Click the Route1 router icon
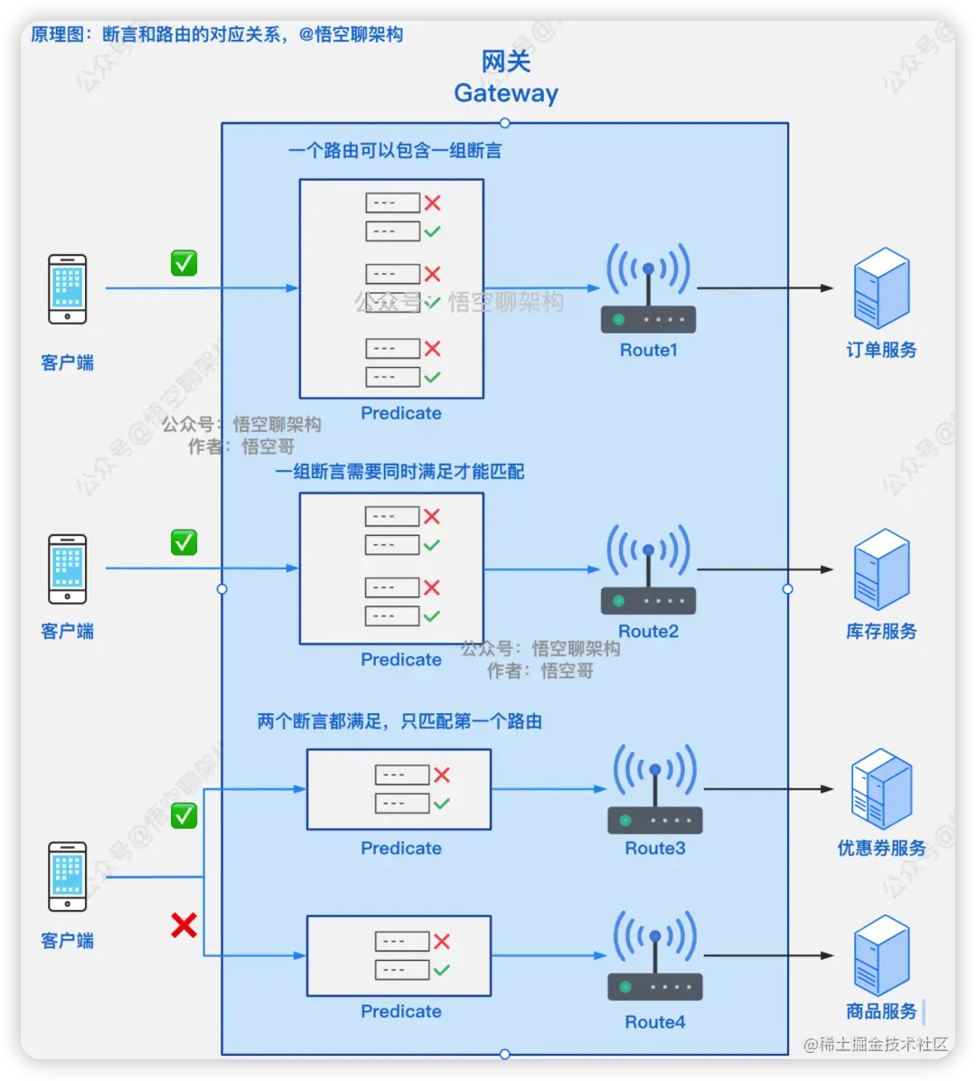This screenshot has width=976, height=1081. click(648, 289)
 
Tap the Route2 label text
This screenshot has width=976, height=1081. click(648, 632)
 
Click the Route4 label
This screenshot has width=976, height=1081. click(655, 1022)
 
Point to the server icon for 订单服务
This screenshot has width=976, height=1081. click(881, 288)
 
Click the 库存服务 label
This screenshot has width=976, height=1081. click(881, 632)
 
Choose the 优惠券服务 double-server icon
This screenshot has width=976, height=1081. click(881, 789)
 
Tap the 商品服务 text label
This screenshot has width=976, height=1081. click(881, 1011)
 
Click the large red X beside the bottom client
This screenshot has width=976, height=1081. click(184, 925)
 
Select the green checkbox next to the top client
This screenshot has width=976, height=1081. click(184, 263)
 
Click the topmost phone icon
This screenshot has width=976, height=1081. click(68, 289)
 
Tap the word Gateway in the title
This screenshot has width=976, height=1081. click(506, 93)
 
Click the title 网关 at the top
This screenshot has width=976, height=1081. click(506, 61)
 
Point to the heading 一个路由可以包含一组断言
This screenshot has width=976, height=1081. click(395, 151)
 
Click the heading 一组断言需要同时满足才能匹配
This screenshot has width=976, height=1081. click(399, 472)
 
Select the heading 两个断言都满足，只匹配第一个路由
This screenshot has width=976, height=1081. click(399, 721)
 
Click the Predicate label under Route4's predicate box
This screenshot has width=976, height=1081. click(401, 1011)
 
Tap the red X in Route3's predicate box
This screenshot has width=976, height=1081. click(442, 775)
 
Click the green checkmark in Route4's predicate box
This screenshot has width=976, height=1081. click(442, 970)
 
